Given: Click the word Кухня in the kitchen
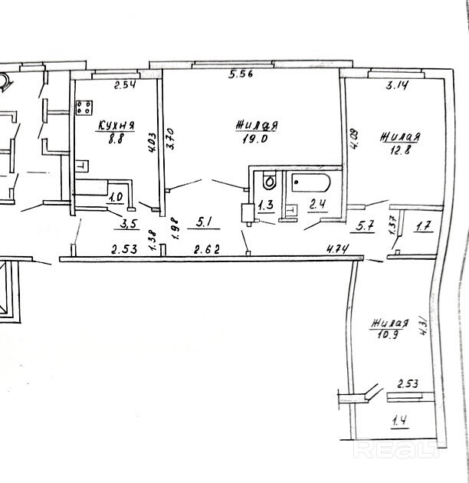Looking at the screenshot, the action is (116, 126).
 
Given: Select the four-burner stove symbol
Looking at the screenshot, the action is (84, 108).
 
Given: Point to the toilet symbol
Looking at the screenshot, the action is (267, 182).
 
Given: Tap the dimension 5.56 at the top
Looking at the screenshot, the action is (241, 74).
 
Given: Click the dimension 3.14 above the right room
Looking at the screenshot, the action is (395, 86).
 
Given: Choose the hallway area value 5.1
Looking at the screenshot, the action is (205, 224).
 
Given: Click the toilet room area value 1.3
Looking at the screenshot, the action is (266, 205).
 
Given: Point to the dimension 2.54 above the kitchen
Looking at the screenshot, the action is (124, 85).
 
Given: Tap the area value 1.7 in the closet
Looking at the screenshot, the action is (424, 226).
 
